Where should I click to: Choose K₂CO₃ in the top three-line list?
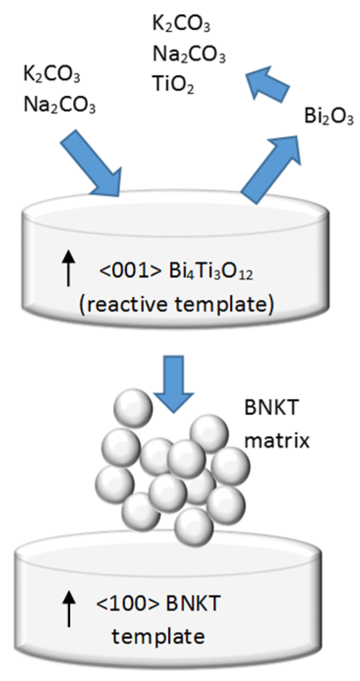[x=181, y=24]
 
